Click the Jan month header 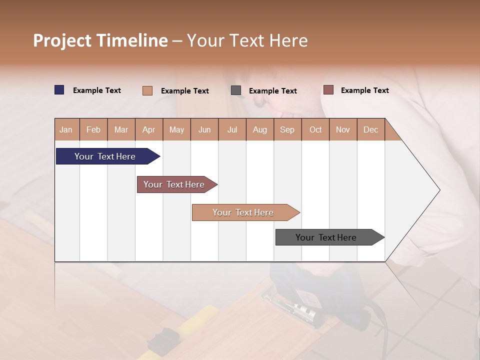click(66, 129)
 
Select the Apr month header click(149, 129)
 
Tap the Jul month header click(232, 129)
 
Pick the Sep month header click(287, 129)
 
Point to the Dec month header click(370, 129)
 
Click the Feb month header click(93, 129)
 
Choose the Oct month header click(315, 129)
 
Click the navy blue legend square click(59, 90)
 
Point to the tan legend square click(147, 90)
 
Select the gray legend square click(236, 90)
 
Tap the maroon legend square click(328, 90)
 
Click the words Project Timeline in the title click(100, 40)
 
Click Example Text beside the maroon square click(364, 90)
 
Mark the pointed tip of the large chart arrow click(439, 190)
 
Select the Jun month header click(204, 129)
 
